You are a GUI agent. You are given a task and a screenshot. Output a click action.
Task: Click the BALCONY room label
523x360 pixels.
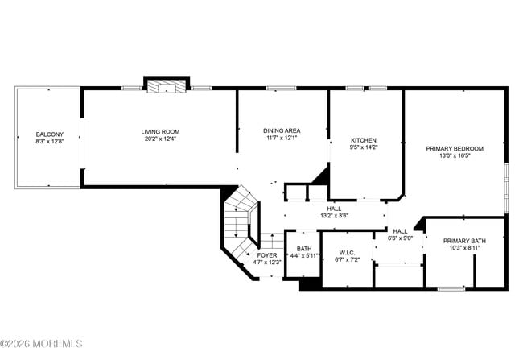coord(49,134)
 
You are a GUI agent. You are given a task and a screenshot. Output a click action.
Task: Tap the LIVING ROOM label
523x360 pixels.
coord(160,131)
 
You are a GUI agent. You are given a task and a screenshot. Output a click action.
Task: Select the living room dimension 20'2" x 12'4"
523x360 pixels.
coord(160,139)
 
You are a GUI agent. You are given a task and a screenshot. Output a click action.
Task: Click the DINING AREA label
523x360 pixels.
coord(282,130)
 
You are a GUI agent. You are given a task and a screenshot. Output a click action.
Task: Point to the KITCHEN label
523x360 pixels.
coord(363,140)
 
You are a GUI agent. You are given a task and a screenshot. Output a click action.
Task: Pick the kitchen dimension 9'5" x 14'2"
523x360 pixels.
coord(363,147)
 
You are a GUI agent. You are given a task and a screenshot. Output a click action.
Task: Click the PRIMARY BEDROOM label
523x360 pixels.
coord(454,148)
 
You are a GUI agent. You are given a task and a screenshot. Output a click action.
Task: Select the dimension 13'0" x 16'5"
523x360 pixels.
coord(454,155)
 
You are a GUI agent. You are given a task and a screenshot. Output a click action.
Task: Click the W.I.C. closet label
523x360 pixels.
coord(347,252)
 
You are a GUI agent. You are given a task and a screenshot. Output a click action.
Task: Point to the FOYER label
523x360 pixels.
coord(267,254)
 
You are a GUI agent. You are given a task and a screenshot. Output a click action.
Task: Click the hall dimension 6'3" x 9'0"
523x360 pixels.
coord(400,238)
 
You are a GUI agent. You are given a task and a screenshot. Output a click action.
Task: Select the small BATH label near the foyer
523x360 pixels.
coord(303,249)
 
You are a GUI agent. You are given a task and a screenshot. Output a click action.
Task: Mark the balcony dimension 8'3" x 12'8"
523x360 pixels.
coord(49,142)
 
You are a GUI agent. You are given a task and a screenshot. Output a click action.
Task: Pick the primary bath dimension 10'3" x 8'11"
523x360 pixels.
coord(464,248)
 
